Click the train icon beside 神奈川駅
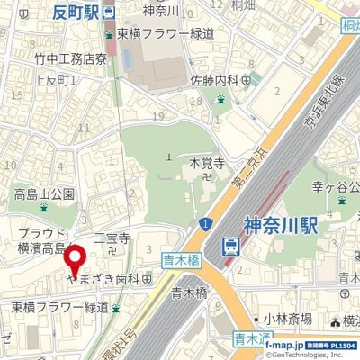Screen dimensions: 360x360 click(x=231, y=245)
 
